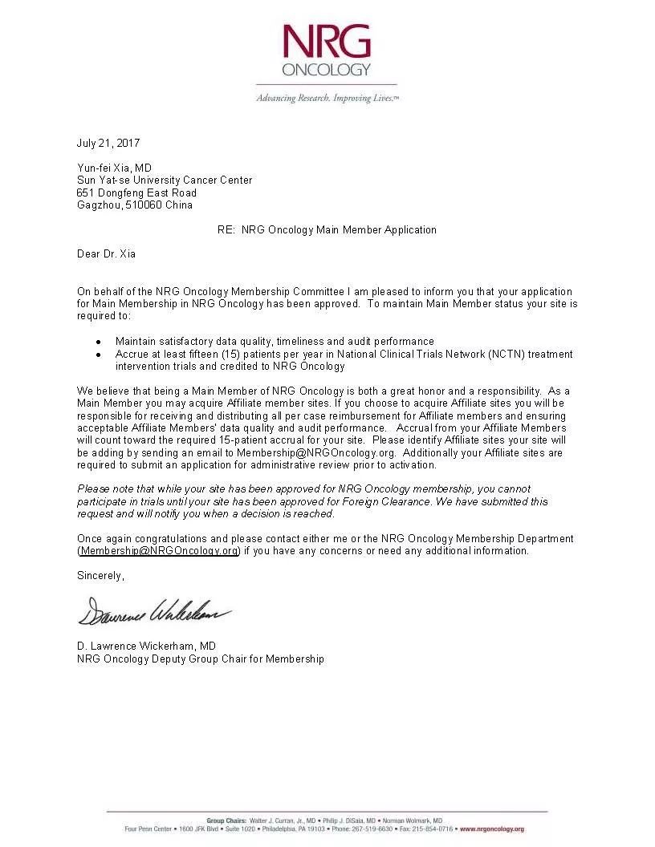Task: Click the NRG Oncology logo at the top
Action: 327,50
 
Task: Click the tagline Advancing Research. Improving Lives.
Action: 327,98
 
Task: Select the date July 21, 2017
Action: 108,144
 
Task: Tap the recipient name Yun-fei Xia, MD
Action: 114,168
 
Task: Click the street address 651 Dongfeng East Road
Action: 136,192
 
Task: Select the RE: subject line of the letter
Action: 327,229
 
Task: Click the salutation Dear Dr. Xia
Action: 106,254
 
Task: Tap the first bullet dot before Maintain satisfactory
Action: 98,342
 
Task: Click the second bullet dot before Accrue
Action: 98,355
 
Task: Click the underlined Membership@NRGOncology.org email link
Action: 159,551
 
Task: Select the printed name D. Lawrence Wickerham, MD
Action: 146,646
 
